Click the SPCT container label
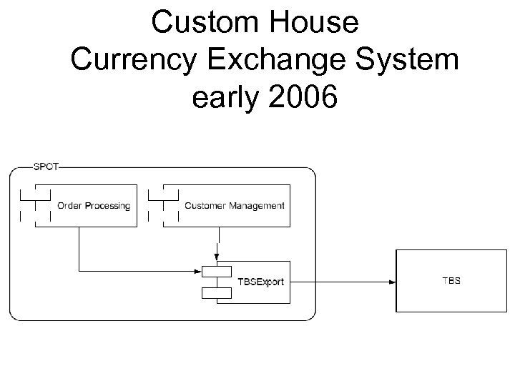click(x=47, y=167)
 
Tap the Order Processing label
click(x=94, y=206)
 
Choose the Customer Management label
click(x=234, y=206)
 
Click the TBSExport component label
click(x=260, y=282)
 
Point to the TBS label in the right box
click(x=451, y=281)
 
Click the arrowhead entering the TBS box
click(x=392, y=282)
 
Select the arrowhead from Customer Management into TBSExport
click(x=217, y=257)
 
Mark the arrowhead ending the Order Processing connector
click(x=198, y=272)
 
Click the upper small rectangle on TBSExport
click(x=217, y=272)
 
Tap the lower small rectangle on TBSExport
click(x=217, y=292)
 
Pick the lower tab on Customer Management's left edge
click(x=156, y=214)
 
